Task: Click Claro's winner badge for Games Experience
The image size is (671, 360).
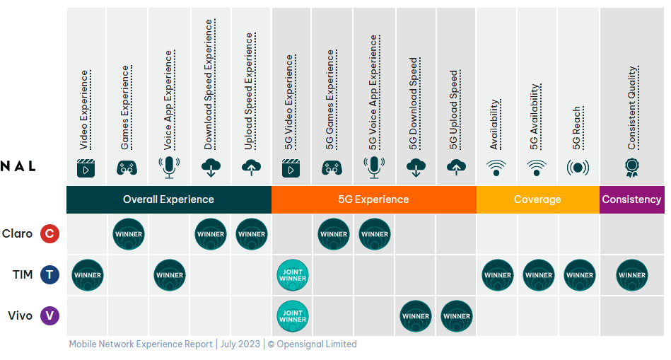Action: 129,234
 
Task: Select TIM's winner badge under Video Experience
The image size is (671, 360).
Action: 88,275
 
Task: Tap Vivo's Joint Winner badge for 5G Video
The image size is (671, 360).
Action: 293,316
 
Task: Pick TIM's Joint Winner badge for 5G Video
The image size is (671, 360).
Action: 293,275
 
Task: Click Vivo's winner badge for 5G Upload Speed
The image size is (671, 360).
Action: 457,316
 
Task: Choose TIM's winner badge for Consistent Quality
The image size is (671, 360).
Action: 631,275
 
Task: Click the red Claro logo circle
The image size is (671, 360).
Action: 49,234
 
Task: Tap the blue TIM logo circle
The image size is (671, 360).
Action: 49,275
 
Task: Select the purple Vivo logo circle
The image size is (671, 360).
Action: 49,316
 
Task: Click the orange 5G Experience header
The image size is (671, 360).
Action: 374,199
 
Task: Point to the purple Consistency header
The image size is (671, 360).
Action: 631,199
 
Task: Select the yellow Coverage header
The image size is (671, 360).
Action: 537,199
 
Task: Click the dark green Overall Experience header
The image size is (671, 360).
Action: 168,199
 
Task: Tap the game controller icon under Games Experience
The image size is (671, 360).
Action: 127,168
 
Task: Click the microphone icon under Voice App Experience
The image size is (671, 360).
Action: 168,168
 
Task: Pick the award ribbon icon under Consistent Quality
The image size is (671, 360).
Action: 631,168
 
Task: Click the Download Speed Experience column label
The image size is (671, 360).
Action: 209,84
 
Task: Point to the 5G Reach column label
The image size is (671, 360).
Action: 577,129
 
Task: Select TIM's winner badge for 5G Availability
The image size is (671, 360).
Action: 539,275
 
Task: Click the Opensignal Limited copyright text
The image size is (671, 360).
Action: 312,344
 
